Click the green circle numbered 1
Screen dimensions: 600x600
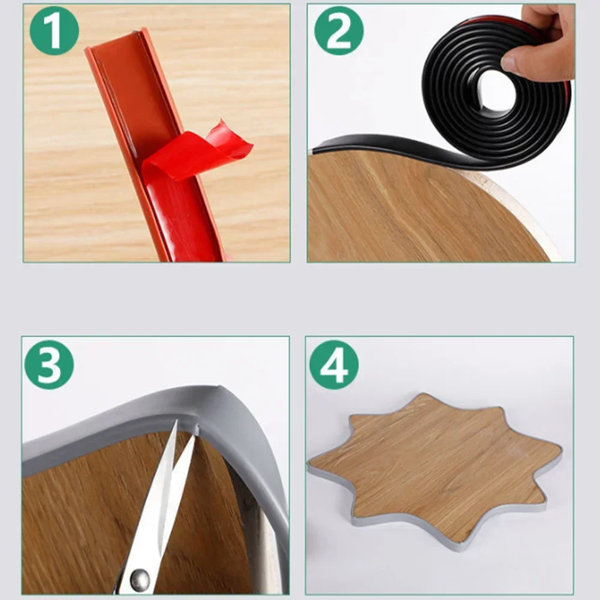click(x=54, y=31)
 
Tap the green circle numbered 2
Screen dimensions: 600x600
click(x=339, y=31)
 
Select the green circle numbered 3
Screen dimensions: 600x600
click(x=49, y=364)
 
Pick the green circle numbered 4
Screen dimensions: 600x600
click(x=334, y=364)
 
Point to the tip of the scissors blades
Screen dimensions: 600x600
click(x=180, y=427)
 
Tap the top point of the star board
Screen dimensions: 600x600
click(x=423, y=396)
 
